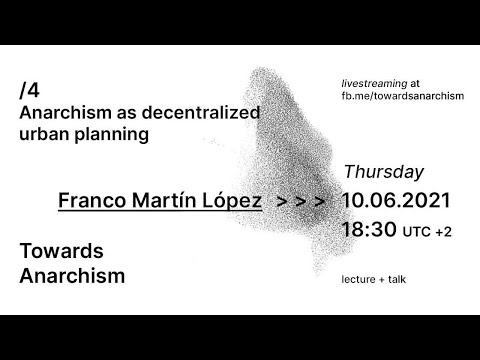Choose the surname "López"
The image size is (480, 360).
[232, 200]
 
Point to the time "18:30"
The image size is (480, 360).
[370, 230]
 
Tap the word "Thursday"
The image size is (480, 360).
[383, 170]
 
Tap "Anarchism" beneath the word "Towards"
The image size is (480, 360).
[72, 275]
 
